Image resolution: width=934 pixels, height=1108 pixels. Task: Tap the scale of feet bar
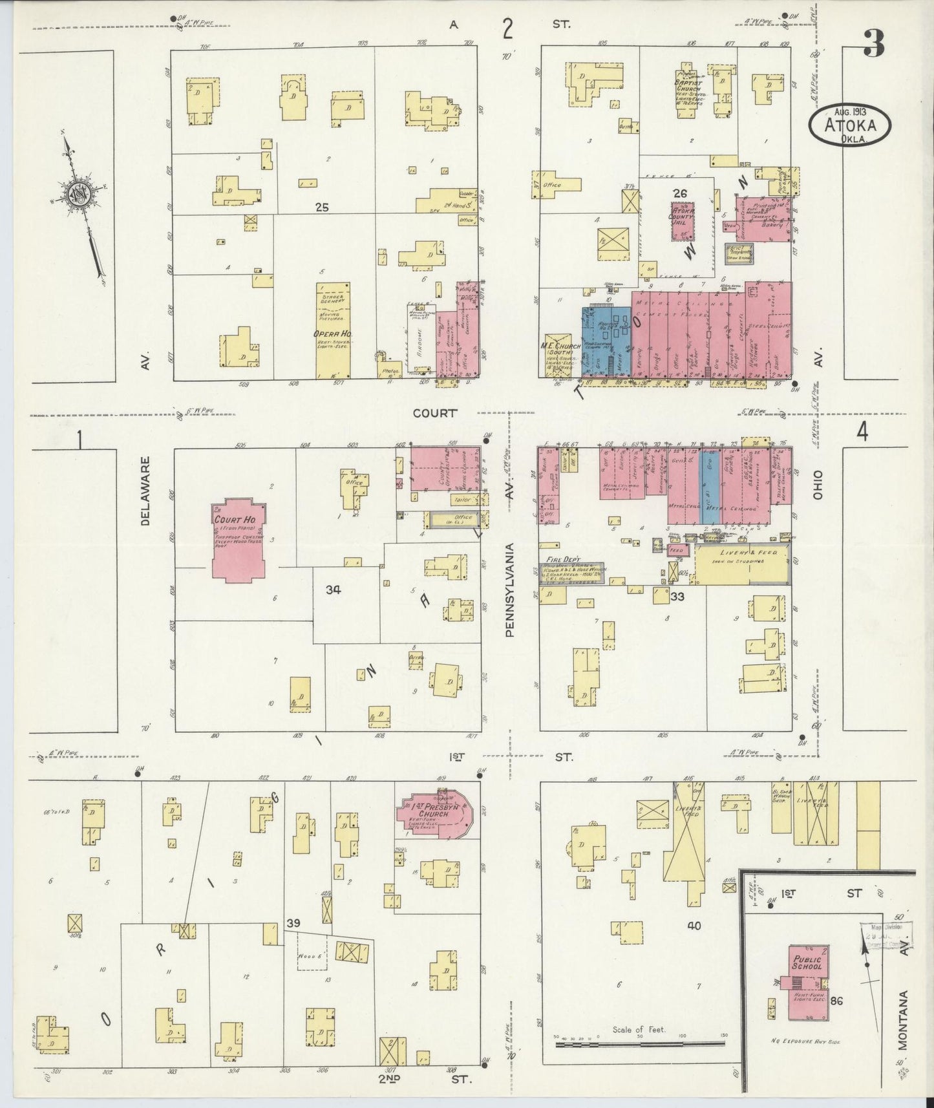[x=640, y=1038]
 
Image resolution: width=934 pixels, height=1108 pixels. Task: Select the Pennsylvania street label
[x=510, y=590]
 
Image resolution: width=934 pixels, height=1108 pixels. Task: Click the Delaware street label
[x=145, y=491]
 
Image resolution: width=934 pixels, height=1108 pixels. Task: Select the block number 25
[x=322, y=207]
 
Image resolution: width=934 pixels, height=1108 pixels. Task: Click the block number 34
[x=334, y=589]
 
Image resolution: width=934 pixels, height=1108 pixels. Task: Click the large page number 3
[x=873, y=45]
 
